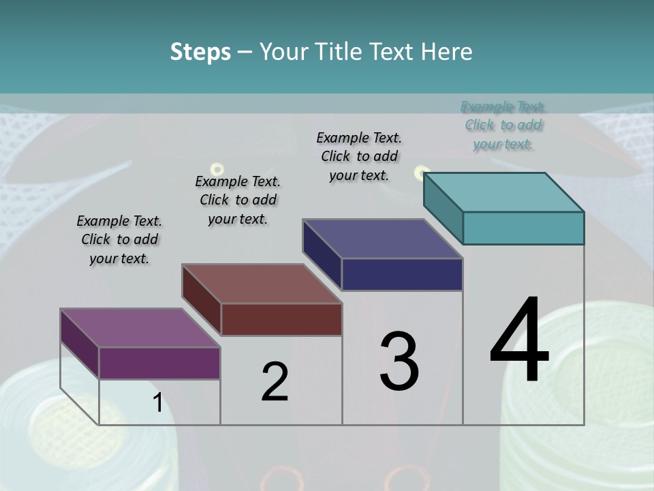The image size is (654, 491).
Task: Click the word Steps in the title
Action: pyautogui.click(x=200, y=53)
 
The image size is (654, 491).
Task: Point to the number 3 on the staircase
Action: pyautogui.click(x=399, y=361)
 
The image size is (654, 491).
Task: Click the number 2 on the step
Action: pyautogui.click(x=275, y=383)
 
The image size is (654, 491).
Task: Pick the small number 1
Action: pyautogui.click(x=157, y=403)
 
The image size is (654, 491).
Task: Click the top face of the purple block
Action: pyautogui.click(x=140, y=328)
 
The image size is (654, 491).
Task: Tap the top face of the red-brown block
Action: pyautogui.click(x=262, y=284)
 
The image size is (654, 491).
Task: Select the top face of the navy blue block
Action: pyautogui.click(x=382, y=239)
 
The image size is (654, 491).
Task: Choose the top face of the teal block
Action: pyautogui.click(x=503, y=192)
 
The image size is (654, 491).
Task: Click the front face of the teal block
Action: pyautogui.click(x=523, y=228)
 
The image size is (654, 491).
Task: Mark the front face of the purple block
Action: pyautogui.click(x=159, y=363)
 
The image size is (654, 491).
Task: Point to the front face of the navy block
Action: pyautogui.click(x=402, y=274)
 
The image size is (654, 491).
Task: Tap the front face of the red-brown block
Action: pyautogui.click(x=281, y=319)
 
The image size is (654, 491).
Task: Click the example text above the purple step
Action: pyautogui.click(x=119, y=240)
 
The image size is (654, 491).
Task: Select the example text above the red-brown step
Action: pyautogui.click(x=238, y=200)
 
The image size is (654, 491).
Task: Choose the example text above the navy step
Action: pyautogui.click(x=359, y=157)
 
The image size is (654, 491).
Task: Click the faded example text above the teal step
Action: pyautogui.click(x=503, y=125)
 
